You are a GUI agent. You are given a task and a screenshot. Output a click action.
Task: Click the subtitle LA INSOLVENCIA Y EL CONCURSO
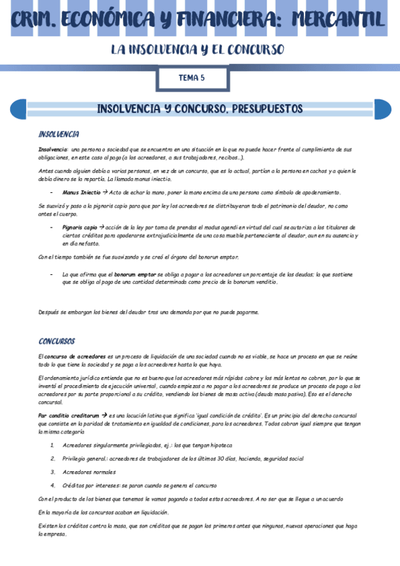coord(198,50)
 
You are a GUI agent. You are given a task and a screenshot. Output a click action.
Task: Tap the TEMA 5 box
coord(192,78)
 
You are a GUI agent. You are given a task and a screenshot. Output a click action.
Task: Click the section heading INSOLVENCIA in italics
coord(59,134)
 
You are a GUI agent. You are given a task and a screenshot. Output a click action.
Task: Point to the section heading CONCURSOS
coord(57,341)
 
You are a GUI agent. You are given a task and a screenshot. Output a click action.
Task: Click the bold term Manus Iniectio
coord(81,192)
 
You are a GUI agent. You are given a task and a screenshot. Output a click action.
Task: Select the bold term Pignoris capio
coord(79,228)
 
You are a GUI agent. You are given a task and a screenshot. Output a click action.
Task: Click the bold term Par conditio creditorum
coord(69,415)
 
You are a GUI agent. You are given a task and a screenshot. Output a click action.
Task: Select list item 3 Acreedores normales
coord(89,472)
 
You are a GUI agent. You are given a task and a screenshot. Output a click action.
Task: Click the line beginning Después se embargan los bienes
coord(148,312)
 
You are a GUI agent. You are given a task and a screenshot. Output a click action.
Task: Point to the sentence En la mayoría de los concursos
coord(104,512)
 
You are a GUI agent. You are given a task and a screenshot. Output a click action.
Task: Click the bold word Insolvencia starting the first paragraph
coord(53,150)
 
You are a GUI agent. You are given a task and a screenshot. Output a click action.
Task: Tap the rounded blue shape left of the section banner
coord(19,109)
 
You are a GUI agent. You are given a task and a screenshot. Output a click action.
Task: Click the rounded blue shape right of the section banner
coord(383,109)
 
